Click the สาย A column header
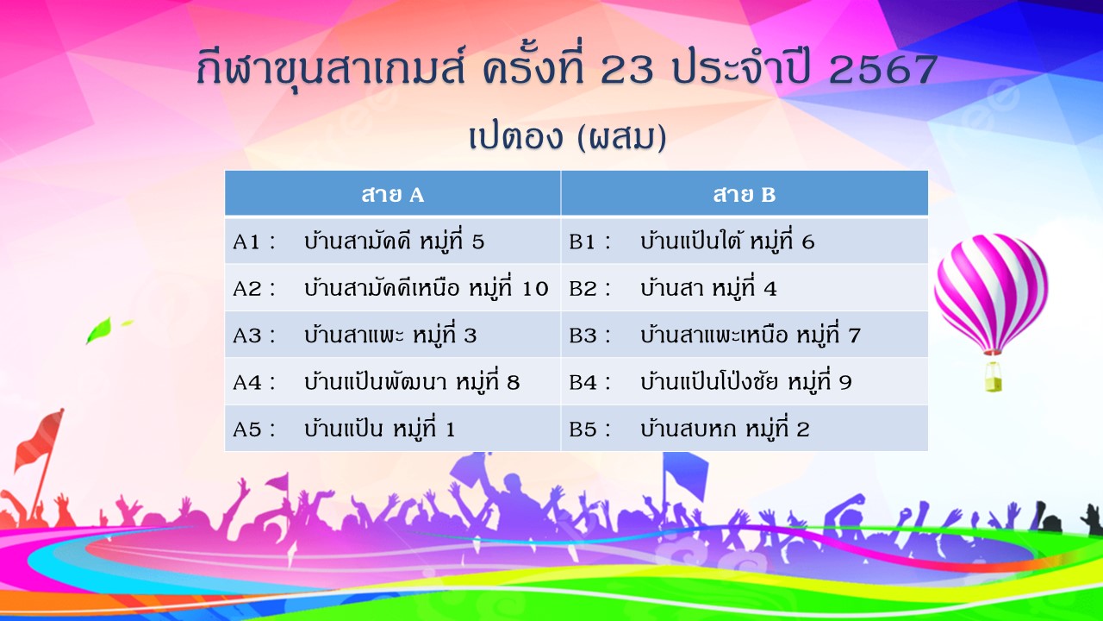(x=392, y=193)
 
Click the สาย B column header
(x=744, y=193)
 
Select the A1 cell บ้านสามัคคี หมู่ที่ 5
(x=392, y=241)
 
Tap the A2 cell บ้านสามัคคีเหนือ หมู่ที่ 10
(x=392, y=288)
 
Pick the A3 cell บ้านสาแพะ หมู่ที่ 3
(x=392, y=335)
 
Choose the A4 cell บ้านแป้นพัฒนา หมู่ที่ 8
(x=392, y=381)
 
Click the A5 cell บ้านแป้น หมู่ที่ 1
(x=392, y=429)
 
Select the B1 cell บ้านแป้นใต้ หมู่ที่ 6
(x=744, y=241)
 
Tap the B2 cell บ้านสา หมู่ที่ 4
(x=744, y=288)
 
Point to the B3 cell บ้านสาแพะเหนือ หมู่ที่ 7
(x=744, y=335)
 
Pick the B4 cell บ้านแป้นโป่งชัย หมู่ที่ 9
(x=744, y=381)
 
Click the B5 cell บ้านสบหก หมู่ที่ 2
(x=744, y=429)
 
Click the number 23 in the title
(x=626, y=69)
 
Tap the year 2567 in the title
(x=883, y=69)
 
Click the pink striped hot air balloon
(x=991, y=293)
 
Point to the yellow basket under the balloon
(x=993, y=377)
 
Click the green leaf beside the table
(x=98, y=329)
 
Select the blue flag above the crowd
(x=686, y=474)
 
